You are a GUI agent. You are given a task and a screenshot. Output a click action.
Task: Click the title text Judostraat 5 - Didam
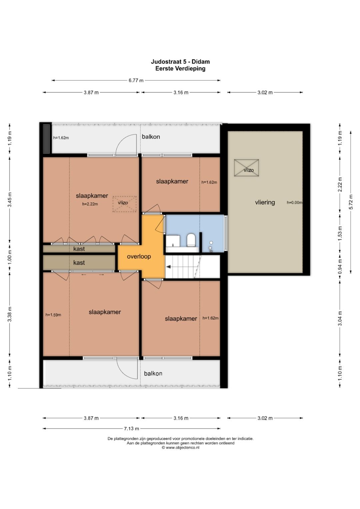point(180,62)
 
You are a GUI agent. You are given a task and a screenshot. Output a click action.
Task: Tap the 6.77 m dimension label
point(136,80)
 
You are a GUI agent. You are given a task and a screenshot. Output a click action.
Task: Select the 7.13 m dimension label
point(131,429)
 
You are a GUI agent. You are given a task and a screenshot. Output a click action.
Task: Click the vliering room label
point(265,202)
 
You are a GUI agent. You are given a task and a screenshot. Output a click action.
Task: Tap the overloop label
point(139,257)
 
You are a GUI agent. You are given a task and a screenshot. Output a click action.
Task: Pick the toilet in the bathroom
point(191,240)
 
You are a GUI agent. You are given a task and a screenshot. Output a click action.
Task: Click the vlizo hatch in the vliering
point(247,168)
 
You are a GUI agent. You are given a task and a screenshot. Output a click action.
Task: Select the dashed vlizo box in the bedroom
point(125,204)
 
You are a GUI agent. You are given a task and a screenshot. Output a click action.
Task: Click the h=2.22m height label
point(90,204)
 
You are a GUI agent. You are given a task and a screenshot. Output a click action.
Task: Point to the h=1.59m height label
point(53,315)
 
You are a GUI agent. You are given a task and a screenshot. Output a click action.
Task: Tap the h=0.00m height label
point(295,202)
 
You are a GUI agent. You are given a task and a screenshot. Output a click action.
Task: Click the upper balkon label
point(151,137)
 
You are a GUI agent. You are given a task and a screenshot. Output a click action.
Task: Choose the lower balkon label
point(153,373)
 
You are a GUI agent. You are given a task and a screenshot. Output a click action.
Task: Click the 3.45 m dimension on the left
point(10,200)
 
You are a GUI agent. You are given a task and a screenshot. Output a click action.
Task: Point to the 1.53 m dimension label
point(340,233)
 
